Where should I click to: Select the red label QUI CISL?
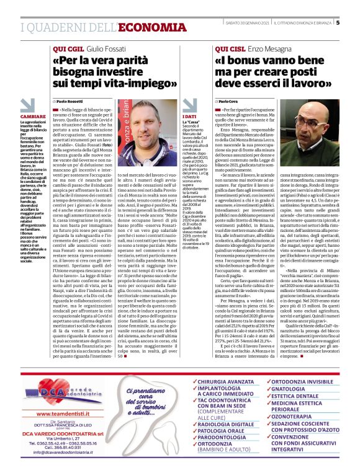coord(230,48)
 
